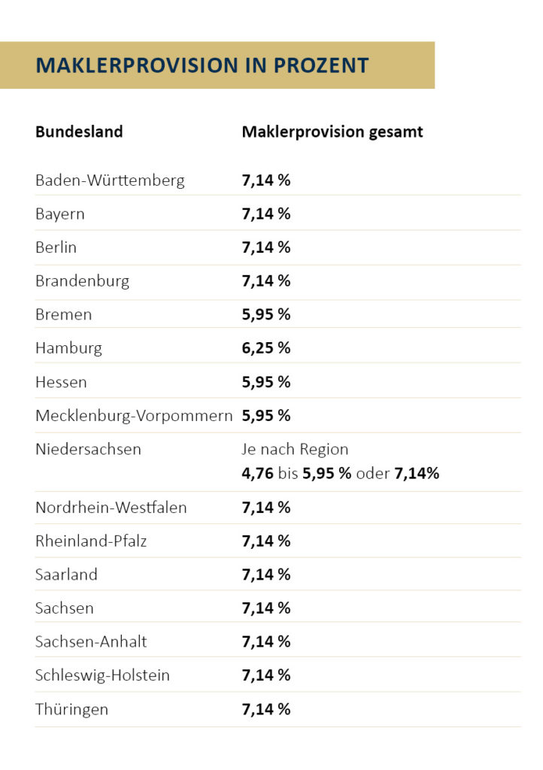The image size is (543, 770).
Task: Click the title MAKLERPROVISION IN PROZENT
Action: coord(202,65)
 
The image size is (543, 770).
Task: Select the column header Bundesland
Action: coord(79,132)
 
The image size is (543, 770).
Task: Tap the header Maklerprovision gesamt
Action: coord(332,132)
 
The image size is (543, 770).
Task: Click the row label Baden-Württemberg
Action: coord(110,180)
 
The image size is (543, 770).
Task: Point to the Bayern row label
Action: coord(60,214)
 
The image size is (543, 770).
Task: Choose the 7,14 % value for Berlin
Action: coord(265,247)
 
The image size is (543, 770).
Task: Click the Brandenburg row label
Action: coord(82,281)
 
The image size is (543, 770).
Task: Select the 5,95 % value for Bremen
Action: coord(265,314)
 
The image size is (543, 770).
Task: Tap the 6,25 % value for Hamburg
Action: coord(265,348)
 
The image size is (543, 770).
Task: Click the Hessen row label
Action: coord(61,382)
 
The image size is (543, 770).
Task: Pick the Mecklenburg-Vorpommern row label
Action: coord(134,416)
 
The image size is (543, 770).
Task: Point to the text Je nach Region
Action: coord(295,450)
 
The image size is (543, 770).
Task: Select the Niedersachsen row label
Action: coord(88,450)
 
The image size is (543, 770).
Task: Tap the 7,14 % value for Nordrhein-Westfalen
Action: coord(265,508)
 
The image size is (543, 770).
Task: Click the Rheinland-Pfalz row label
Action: coord(91,541)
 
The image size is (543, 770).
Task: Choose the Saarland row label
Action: coord(66,574)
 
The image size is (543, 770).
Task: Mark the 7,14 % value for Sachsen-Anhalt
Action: coord(265,641)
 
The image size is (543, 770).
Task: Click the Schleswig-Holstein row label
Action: coord(102,675)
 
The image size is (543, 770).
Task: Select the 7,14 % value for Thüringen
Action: coord(265,709)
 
